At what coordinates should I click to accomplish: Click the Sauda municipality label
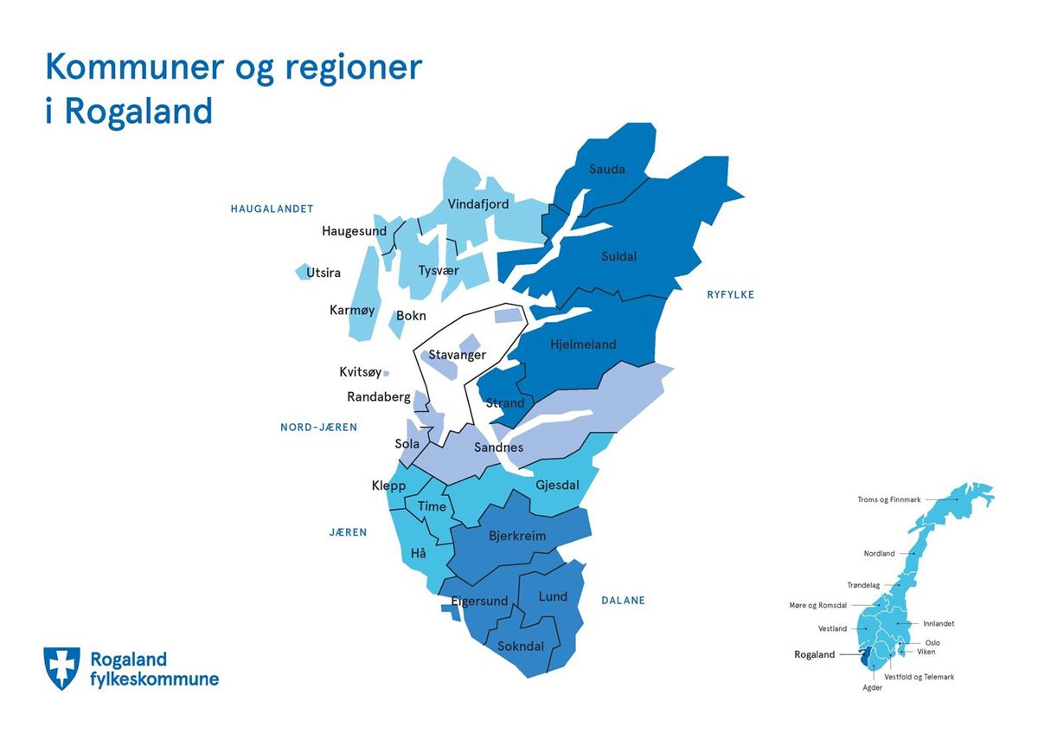click(x=606, y=169)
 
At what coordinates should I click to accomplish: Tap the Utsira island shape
click(x=302, y=271)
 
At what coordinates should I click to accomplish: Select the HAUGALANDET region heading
click(x=272, y=209)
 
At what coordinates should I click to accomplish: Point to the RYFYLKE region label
click(x=730, y=294)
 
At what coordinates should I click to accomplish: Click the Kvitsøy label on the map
click(x=360, y=372)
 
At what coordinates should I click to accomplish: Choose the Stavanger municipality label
click(x=457, y=355)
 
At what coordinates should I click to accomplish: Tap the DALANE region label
click(x=623, y=601)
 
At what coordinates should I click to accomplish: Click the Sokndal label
click(x=521, y=646)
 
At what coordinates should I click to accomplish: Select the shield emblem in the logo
click(x=61, y=668)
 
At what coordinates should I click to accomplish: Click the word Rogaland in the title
click(x=138, y=112)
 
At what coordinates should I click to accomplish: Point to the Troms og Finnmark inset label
click(x=889, y=499)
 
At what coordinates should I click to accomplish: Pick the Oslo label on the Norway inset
click(x=932, y=642)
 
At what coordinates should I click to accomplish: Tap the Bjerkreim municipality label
click(x=517, y=536)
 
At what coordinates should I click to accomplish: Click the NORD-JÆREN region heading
click(x=319, y=427)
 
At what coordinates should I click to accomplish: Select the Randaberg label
click(x=379, y=397)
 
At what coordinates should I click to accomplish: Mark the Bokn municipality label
click(x=411, y=316)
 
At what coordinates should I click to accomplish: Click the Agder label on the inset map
click(x=872, y=687)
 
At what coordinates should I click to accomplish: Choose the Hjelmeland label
click(x=583, y=344)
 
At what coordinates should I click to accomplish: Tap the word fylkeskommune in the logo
click(x=154, y=679)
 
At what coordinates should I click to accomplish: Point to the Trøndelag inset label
click(x=863, y=585)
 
